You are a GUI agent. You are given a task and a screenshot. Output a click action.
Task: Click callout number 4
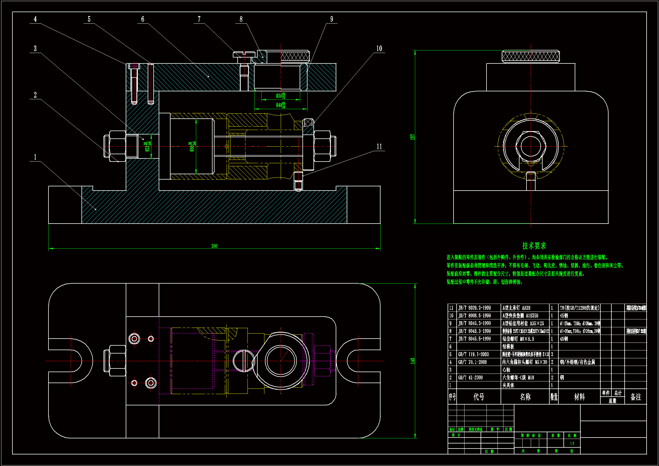coord(35,19)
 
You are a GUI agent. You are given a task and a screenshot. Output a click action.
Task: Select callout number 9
coord(331,19)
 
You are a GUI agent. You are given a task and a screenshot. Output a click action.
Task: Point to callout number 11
coord(379,147)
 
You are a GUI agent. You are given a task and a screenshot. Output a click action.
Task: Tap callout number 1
coord(35,157)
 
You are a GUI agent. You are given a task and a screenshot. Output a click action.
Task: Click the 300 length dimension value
coord(214,246)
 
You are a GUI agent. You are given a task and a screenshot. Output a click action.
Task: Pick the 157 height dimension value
coord(413,137)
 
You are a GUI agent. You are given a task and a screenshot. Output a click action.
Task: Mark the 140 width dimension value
coord(413,361)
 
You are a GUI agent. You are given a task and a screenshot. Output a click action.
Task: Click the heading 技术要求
coord(534,246)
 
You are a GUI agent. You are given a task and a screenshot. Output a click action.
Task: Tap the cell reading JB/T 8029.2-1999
coord(474,308)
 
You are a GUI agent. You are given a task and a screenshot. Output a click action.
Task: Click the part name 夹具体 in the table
coord(508,386)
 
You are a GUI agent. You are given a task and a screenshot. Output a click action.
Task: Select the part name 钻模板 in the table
coord(508,347)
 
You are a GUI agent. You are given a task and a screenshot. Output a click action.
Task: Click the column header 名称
coord(525,397)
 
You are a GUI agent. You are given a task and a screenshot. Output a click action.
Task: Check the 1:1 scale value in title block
coord(572,443)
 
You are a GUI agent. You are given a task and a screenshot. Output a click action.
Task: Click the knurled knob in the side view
coord(531,57)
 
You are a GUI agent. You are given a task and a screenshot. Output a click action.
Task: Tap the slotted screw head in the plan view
coord(244,361)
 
